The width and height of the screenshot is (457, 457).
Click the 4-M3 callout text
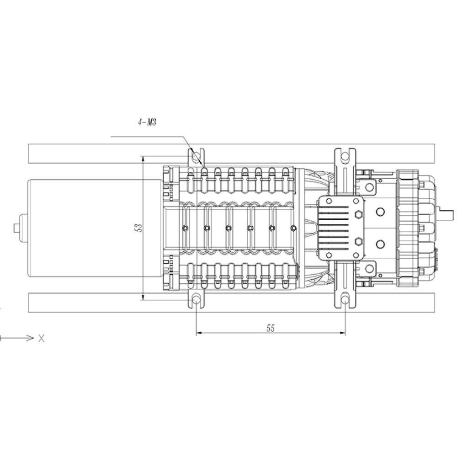[147, 122]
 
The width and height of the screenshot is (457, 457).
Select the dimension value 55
[271, 328]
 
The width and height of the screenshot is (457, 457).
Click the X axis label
[42, 338]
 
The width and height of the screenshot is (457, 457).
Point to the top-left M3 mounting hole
[196, 157]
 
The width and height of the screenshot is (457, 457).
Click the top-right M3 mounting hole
[345, 157]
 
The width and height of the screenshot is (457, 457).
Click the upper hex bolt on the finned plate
[358, 214]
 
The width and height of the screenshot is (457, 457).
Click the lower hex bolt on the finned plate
[358, 242]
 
